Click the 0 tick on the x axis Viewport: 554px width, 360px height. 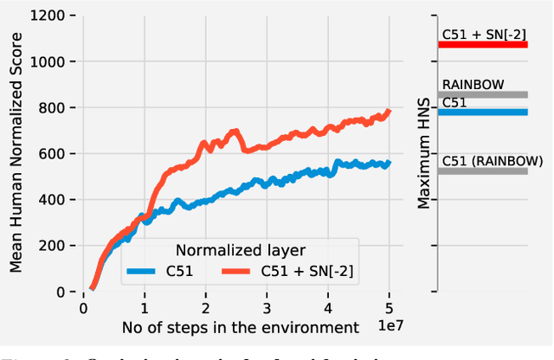83,307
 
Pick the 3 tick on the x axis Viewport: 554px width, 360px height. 267,307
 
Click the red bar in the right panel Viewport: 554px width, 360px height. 482,43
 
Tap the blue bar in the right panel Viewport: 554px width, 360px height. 482,112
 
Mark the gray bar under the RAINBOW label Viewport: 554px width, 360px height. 482,94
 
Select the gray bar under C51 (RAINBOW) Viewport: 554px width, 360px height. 482,170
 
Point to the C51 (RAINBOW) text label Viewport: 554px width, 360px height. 492,160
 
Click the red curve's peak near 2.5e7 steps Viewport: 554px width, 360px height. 234,132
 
